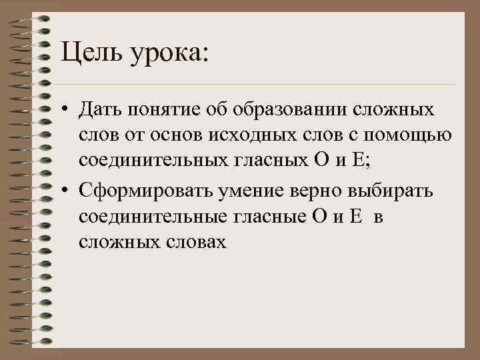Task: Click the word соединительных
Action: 158,161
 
